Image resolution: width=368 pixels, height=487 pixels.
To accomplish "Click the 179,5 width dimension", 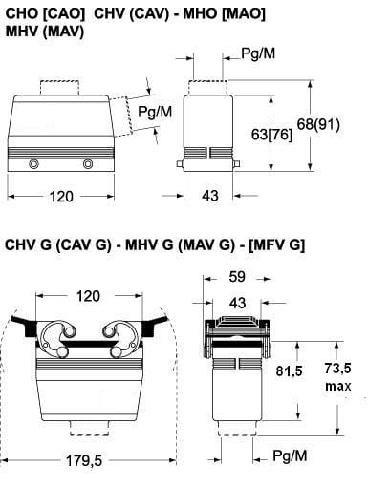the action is (x=84, y=460).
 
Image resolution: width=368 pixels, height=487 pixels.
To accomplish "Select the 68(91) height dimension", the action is (x=318, y=124).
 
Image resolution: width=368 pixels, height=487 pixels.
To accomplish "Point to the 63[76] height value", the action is (x=271, y=135).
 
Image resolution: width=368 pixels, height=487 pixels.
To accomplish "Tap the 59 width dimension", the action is (x=237, y=277).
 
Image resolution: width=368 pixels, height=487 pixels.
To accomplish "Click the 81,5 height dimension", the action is (x=289, y=371).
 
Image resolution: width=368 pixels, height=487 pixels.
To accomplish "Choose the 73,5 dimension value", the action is (x=337, y=369).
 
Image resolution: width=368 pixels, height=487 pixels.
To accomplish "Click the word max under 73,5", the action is (x=337, y=386).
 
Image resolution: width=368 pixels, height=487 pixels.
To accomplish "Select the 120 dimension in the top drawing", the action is (x=61, y=197).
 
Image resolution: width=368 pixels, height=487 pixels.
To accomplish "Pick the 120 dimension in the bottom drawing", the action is (x=88, y=296).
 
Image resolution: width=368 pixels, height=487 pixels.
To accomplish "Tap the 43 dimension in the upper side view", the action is (x=210, y=196).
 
